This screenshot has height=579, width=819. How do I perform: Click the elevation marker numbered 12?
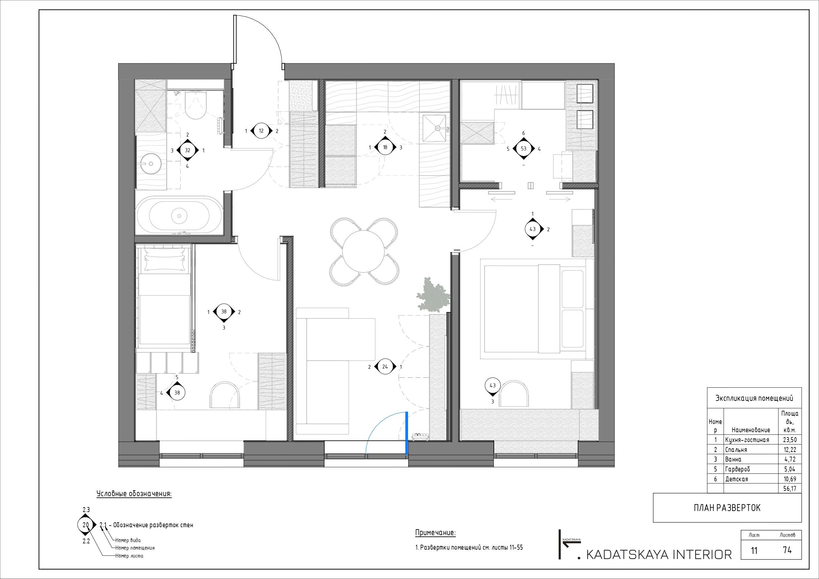(x=261, y=131)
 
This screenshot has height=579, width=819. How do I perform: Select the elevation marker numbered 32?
(x=187, y=150)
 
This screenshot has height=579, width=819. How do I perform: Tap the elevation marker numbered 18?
(x=385, y=147)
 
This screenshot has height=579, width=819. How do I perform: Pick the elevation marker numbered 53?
(x=523, y=149)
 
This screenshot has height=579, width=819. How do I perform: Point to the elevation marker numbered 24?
(x=385, y=367)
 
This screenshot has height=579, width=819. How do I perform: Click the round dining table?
(x=363, y=251)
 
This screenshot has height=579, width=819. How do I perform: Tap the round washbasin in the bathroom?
(x=151, y=164)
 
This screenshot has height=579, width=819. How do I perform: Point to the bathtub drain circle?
(x=179, y=216)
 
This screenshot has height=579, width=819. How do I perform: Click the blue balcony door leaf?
(x=406, y=433)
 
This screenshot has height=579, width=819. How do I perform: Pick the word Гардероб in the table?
(x=737, y=469)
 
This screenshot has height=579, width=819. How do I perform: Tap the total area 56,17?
(x=790, y=489)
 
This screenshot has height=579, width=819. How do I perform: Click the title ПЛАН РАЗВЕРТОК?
(x=727, y=508)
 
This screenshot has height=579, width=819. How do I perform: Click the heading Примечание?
(x=435, y=533)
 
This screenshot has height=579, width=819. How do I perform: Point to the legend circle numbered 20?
(x=85, y=525)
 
